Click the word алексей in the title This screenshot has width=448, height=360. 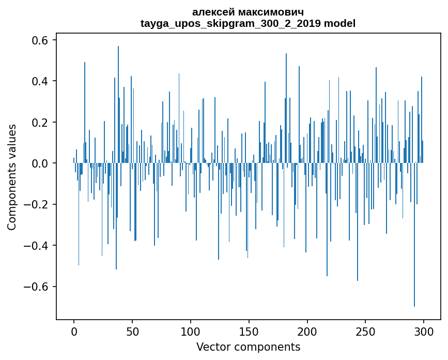click(x=213, y=12)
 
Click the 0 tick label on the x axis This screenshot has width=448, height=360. click(x=74, y=332)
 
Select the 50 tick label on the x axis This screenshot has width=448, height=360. click(x=132, y=332)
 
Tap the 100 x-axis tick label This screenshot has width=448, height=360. click(x=191, y=332)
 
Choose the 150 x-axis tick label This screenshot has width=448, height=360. click(x=249, y=332)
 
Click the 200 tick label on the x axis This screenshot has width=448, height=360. click(x=307, y=332)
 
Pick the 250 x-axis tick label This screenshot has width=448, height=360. click(x=366, y=332)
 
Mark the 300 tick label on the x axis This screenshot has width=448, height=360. click(x=424, y=332)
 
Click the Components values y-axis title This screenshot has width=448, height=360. click(x=12, y=177)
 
